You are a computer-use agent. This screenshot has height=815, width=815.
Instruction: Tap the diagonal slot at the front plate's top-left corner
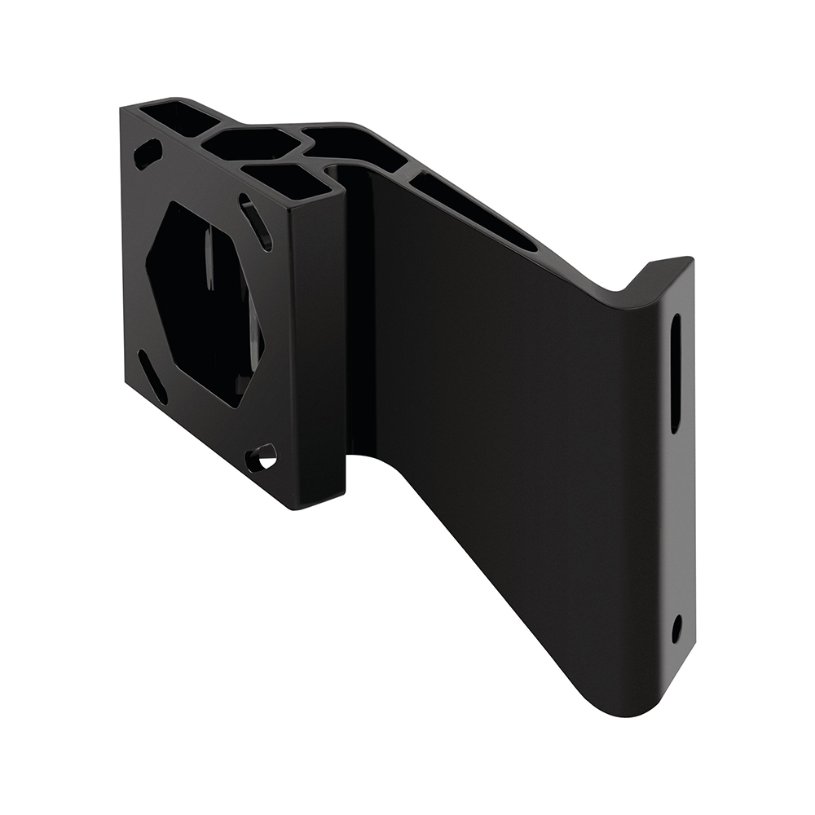[148, 153]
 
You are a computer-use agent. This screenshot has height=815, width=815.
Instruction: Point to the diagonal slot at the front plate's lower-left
[152, 377]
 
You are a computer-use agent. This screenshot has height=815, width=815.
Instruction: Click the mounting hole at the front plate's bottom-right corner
[262, 459]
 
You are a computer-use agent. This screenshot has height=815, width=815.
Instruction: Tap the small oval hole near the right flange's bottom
[676, 629]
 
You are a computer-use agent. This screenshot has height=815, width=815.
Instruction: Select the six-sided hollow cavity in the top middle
[251, 146]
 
